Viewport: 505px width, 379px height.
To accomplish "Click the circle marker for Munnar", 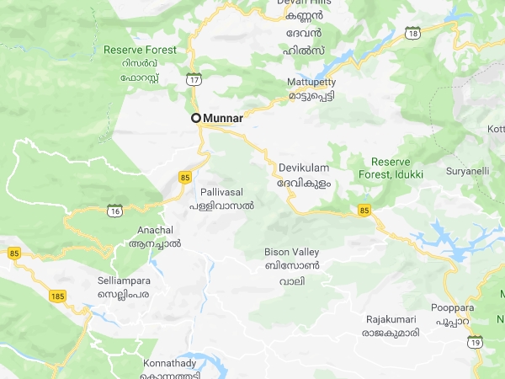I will [x=196, y=118].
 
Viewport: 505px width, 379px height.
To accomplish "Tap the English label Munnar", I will [x=223, y=119].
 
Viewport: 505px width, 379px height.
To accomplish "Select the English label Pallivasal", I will [x=226, y=193].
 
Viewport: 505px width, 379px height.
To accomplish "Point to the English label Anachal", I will [x=155, y=230].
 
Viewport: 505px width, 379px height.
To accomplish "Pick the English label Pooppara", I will [x=454, y=308].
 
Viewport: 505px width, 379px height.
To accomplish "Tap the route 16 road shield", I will [x=114, y=211].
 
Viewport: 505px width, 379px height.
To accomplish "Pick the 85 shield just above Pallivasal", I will [x=185, y=176].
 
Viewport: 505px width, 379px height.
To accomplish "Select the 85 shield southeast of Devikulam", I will [x=364, y=209].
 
